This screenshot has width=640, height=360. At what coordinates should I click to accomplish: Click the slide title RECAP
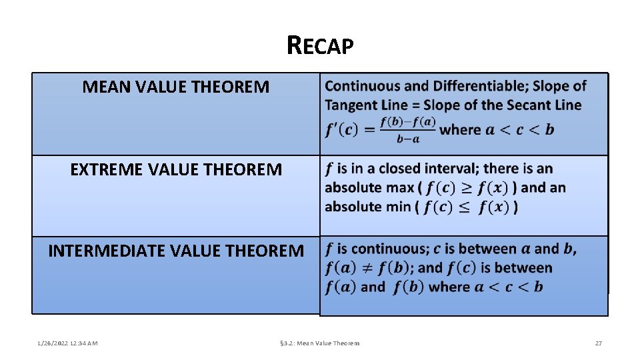coord(320,46)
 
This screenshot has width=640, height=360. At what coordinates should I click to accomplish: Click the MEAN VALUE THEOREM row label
coord(176,87)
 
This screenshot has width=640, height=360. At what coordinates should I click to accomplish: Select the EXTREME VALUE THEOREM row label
coord(176,169)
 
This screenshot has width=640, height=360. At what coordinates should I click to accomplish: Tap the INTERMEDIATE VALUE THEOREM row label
coord(176,251)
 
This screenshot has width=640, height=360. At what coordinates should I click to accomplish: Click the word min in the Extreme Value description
coord(395,207)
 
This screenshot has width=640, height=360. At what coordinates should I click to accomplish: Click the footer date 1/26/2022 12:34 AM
coord(67,343)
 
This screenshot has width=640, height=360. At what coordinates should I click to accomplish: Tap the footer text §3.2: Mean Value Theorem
coord(319,343)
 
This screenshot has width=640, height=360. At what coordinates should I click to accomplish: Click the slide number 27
coord(598,343)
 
